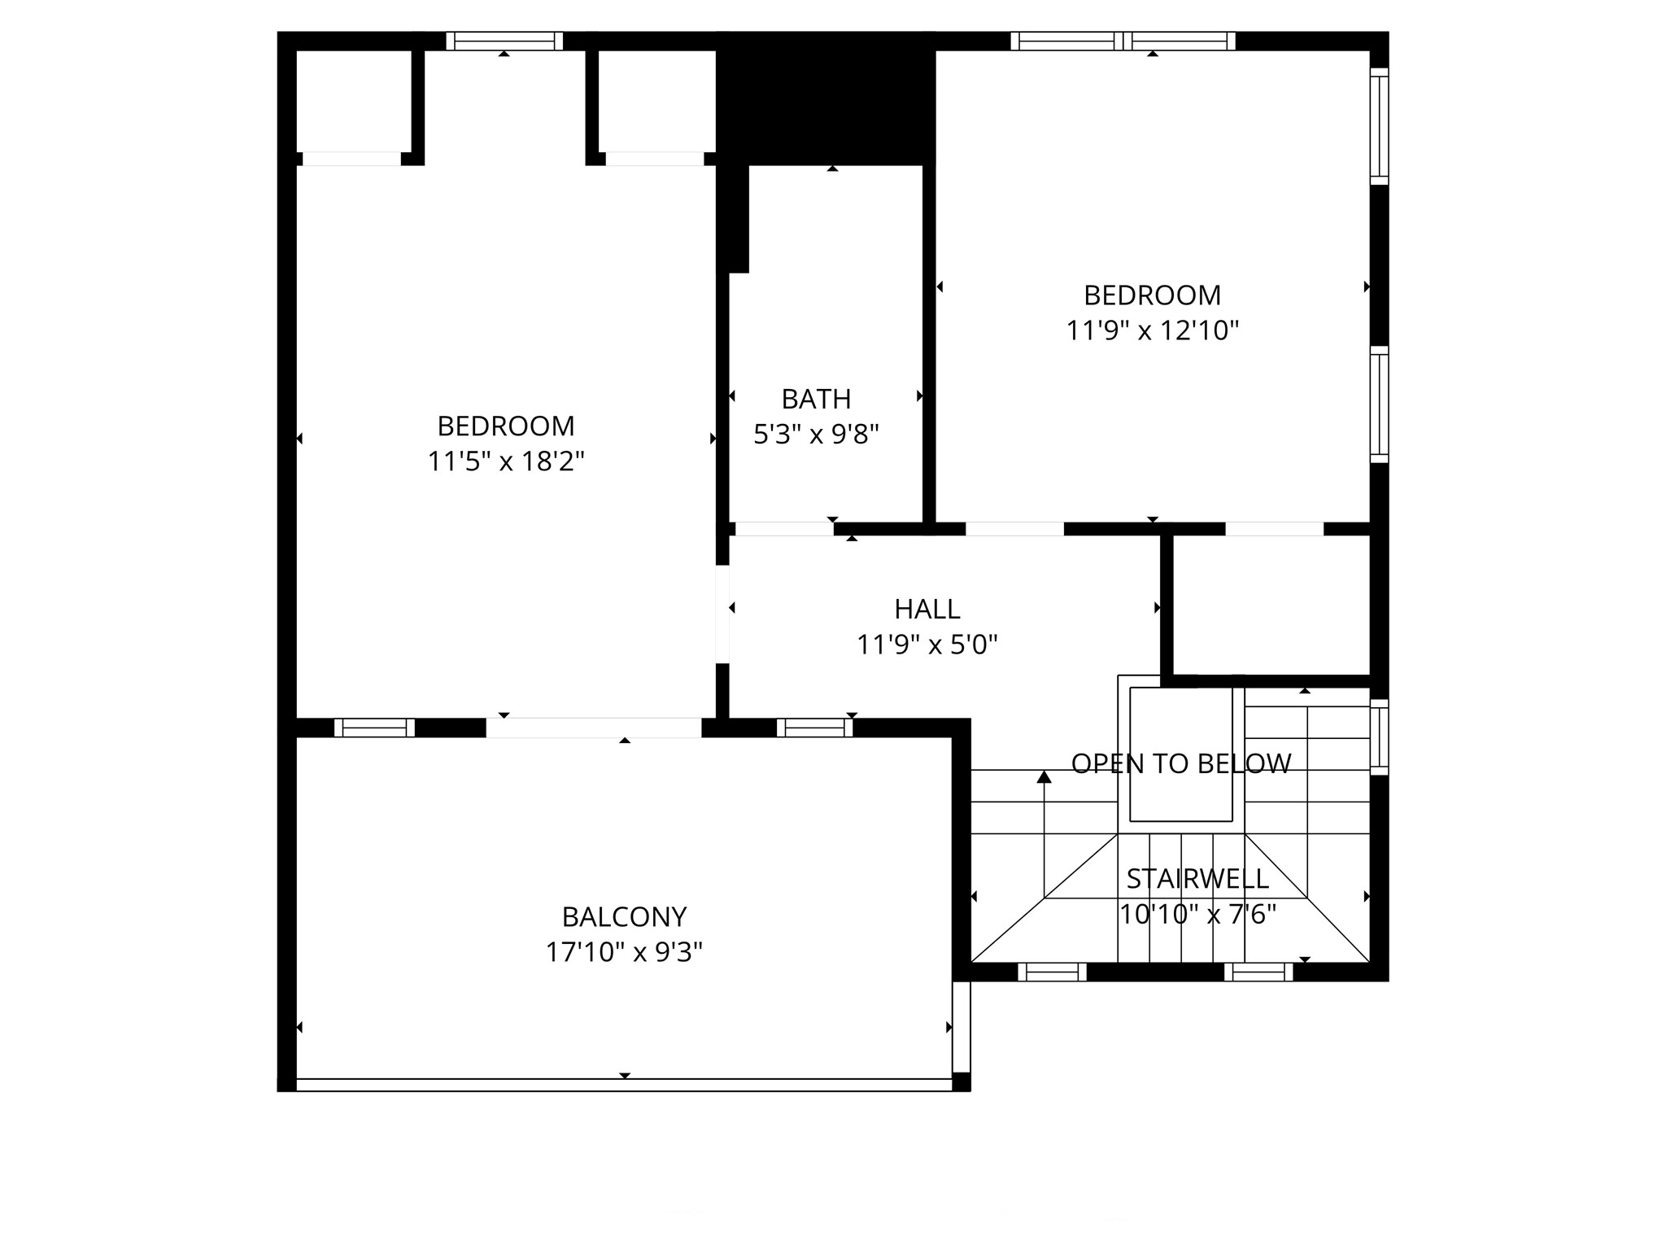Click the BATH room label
(816, 399)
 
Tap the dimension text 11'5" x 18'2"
(506, 461)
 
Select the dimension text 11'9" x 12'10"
(1152, 330)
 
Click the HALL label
(927, 609)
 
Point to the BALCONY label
(624, 917)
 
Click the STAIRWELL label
(1197, 879)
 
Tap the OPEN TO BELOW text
(1180, 763)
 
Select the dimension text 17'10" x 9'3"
(624, 952)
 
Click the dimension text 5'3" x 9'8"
(816, 435)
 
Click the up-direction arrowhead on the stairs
(1045, 777)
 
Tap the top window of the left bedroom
(504, 41)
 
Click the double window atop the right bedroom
(1123, 41)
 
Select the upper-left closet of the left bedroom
(353, 100)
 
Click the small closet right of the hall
(1271, 604)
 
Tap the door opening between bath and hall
(784, 529)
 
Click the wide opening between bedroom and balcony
(593, 728)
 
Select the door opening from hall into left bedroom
(722, 614)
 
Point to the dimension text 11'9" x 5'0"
(927, 645)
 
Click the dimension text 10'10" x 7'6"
(1197, 915)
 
